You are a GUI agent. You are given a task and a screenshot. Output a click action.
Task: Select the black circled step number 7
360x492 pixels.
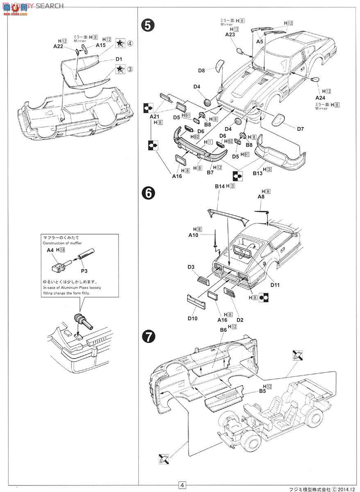(148, 337)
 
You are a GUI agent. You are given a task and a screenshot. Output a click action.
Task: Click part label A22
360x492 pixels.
(59, 47)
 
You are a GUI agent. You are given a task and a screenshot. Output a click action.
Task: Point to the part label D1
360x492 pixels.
(118, 59)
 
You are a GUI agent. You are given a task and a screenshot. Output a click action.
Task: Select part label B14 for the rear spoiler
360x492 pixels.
(220, 186)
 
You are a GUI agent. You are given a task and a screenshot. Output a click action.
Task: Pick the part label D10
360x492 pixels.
(193, 318)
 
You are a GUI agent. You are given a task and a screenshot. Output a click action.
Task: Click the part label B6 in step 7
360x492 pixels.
(223, 330)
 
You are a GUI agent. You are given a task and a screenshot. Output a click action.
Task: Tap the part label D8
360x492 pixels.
(201, 71)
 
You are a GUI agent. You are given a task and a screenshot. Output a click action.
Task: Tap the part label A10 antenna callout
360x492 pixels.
(194, 235)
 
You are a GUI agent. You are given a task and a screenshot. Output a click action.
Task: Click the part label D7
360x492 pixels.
(300, 129)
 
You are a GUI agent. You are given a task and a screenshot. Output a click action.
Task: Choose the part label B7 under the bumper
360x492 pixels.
(210, 173)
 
